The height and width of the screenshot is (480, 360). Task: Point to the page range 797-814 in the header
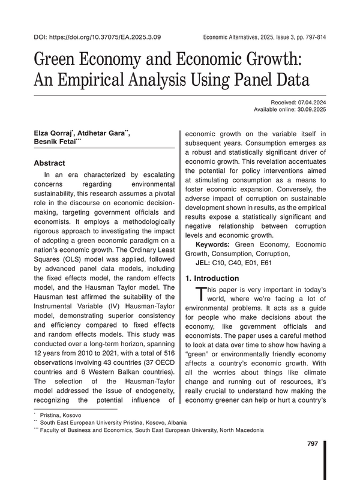coord(313,37)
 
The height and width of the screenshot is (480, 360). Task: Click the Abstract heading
coord(49,163)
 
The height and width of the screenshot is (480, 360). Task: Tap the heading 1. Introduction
coord(214,278)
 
